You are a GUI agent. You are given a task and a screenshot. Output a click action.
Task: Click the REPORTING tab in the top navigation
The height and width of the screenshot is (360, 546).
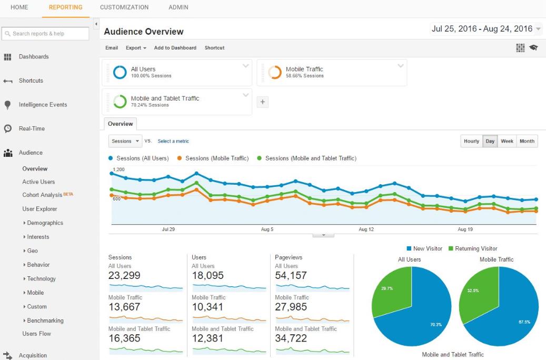point(65,7)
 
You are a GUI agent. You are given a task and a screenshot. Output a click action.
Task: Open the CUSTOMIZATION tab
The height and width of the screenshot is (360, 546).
point(124,7)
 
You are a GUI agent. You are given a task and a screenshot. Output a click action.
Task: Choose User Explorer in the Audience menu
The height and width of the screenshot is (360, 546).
point(39,209)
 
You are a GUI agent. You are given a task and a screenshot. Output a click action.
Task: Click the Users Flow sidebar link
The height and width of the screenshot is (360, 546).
point(36,334)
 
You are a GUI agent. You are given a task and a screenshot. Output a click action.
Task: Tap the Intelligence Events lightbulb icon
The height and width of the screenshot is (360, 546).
point(7,105)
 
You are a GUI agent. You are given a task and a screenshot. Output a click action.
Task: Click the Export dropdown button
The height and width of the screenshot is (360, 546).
point(136,48)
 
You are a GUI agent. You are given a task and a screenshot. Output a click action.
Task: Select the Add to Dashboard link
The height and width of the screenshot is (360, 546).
point(175,48)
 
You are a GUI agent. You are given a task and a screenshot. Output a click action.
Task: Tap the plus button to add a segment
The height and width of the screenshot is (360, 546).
point(263,103)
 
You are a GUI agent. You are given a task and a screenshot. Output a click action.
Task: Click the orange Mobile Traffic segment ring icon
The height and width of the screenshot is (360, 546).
point(275,73)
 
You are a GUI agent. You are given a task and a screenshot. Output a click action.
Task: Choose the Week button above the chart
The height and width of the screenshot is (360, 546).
point(507,141)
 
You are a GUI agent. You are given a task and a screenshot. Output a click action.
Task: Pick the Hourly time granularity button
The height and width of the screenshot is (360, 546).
point(471,141)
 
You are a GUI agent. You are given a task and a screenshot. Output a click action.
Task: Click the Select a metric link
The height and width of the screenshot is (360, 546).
point(173,141)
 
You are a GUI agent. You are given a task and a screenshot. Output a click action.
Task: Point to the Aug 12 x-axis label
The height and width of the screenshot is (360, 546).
point(366,229)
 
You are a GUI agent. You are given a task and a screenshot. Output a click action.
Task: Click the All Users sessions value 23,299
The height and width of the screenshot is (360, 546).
point(126,275)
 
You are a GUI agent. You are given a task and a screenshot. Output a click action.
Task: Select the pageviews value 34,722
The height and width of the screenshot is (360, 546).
point(291,338)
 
